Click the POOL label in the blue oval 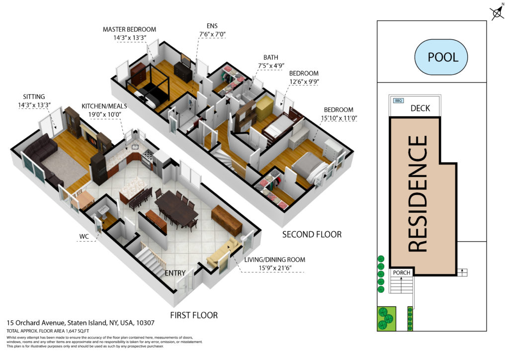(443, 57)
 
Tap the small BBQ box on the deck (398, 100)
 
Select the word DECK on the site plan (420, 108)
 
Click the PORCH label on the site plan (402, 272)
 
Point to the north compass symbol (497, 13)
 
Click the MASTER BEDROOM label (129, 29)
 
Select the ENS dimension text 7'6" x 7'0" (212, 34)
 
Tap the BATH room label (271, 58)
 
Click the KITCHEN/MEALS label (104, 106)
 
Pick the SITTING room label (34, 97)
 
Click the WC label (84, 236)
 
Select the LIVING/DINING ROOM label (274, 260)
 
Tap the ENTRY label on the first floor (175, 273)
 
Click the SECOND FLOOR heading (312, 234)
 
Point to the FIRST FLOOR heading (194, 315)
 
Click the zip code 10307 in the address (145, 323)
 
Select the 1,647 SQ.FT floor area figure (77, 331)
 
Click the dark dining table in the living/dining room (176, 207)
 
